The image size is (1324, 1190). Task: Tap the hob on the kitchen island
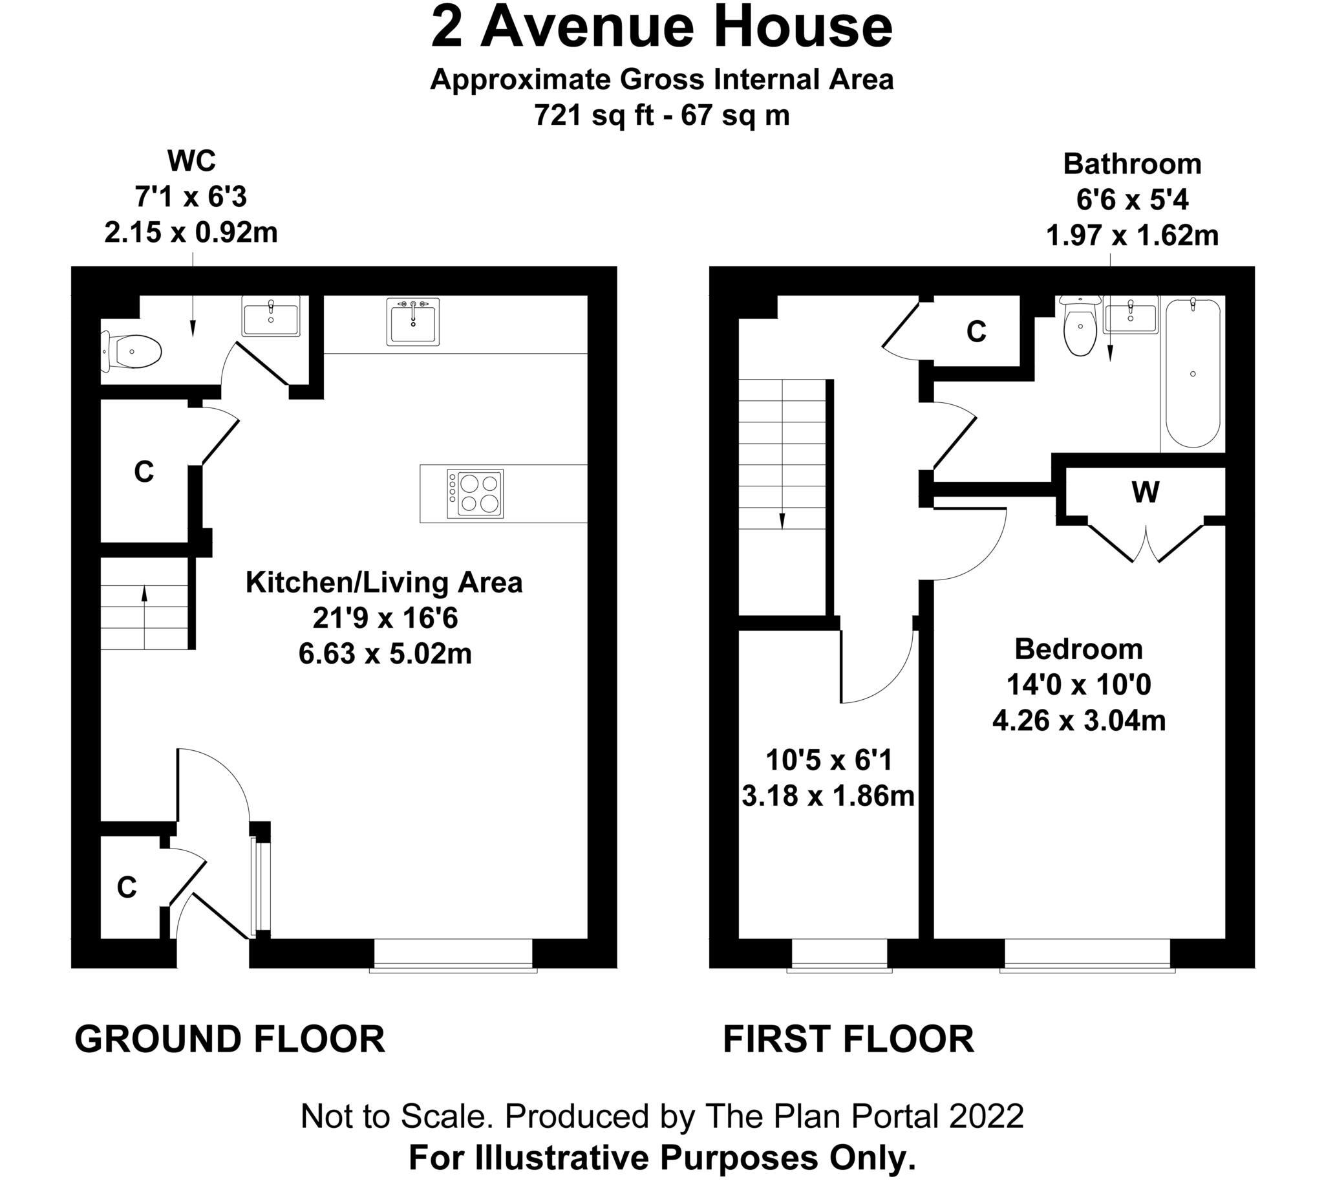(x=475, y=494)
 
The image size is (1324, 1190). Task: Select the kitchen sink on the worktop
(x=413, y=321)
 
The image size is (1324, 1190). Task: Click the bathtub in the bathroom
(x=1193, y=373)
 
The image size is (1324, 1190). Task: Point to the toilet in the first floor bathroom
(x=1080, y=329)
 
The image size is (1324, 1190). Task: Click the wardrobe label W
(x=1145, y=492)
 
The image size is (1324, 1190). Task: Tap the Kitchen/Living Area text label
(x=384, y=583)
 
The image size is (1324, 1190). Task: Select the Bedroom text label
(x=1079, y=649)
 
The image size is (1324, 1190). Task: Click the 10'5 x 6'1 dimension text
(x=828, y=761)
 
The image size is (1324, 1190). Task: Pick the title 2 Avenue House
(x=661, y=27)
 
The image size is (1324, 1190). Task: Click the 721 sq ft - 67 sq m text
(x=661, y=116)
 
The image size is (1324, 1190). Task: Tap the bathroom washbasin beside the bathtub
(x=1131, y=315)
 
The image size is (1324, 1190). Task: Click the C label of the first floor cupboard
(x=976, y=332)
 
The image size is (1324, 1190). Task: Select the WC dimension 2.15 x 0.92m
(x=191, y=233)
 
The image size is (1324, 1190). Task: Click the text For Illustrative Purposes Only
(x=661, y=1157)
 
